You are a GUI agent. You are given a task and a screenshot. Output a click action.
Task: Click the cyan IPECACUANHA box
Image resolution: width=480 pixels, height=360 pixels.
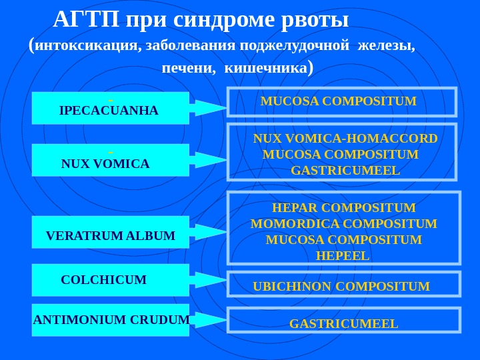110,109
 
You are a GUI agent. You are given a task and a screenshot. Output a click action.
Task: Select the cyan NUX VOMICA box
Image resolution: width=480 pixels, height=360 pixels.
110,161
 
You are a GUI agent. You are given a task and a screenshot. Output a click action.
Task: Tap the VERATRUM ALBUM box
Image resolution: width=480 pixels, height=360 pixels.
110,233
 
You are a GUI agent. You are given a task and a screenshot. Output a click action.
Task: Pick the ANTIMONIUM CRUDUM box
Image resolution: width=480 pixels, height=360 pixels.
111,319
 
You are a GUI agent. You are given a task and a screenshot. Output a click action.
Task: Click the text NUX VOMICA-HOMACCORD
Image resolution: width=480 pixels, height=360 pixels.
345,139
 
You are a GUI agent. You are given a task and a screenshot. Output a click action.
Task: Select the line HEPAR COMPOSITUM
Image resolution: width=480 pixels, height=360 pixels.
343,208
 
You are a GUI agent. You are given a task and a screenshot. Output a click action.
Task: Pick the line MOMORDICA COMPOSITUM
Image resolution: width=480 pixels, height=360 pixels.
343,224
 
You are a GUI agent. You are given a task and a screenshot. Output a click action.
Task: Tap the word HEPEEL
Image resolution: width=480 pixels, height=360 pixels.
343,256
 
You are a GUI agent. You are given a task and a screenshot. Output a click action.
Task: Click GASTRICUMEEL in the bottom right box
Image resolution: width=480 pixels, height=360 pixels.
343,324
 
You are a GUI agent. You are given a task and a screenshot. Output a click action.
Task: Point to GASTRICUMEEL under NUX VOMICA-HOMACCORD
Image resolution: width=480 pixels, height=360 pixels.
345,171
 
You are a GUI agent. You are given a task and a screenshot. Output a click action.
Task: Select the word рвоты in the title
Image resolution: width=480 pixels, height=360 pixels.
316,21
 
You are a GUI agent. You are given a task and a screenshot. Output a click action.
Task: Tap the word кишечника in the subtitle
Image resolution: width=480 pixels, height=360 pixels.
265,68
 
